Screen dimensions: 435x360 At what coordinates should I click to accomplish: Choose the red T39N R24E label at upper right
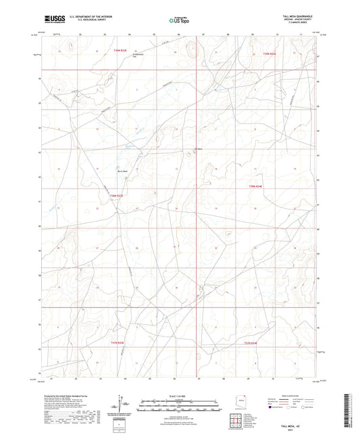point(269,53)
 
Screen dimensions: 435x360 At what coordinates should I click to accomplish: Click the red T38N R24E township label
point(255,186)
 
